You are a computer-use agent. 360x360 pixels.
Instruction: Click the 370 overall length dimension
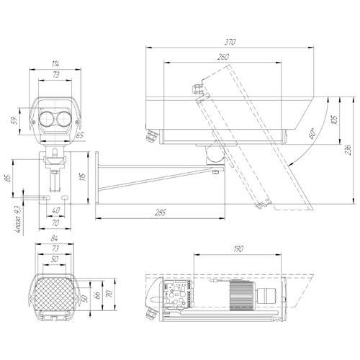[x=231, y=42]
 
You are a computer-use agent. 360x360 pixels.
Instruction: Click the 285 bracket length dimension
[x=160, y=212]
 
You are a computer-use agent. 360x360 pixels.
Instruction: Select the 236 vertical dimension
[x=348, y=150]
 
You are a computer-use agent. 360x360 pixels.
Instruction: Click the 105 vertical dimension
[x=333, y=119]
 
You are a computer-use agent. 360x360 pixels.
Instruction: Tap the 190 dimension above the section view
[x=238, y=249]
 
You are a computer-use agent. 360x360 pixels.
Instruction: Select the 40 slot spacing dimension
[x=55, y=210]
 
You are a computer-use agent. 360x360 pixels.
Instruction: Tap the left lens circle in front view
[x=48, y=118]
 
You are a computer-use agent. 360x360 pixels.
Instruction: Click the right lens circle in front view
[x=63, y=118]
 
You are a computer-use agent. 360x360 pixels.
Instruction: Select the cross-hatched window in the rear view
[x=55, y=294]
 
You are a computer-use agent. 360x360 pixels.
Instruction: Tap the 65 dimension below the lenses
[x=79, y=135]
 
